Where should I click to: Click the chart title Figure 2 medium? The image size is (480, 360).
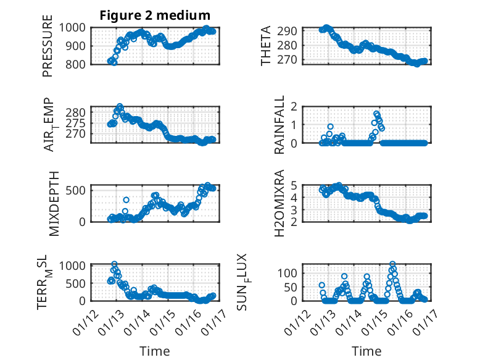[155, 15]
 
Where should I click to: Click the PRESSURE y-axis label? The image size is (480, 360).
[48, 45]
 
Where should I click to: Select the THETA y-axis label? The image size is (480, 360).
[266, 45]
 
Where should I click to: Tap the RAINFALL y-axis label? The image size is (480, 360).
[280, 124]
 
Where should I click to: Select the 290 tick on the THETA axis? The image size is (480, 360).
[291, 31]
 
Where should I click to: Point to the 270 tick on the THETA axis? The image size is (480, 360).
[291, 60]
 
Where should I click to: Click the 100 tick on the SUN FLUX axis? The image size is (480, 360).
[291, 272]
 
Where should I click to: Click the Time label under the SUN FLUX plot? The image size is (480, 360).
[366, 351]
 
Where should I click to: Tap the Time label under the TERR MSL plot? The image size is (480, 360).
[155, 351]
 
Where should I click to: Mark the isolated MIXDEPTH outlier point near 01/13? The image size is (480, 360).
[126, 200]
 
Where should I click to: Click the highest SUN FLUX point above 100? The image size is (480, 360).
[392, 264]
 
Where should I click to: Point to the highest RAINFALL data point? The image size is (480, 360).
[376, 114]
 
